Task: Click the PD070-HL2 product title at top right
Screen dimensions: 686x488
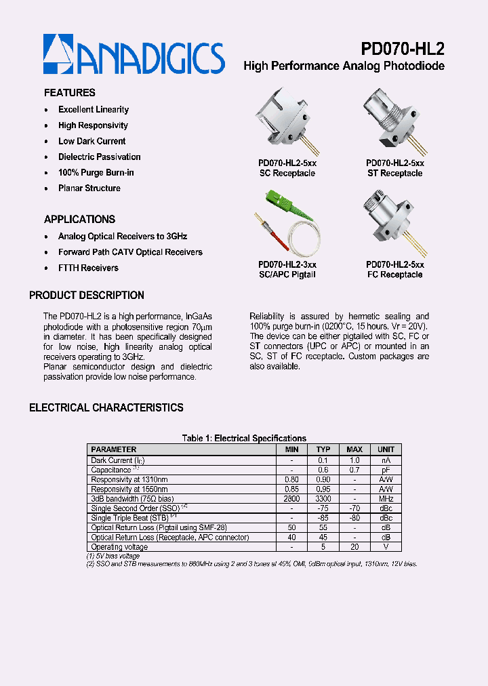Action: (402, 49)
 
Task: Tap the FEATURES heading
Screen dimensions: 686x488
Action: (70, 93)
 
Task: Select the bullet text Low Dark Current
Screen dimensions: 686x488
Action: (91, 141)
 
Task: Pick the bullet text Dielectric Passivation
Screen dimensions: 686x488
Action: (99, 157)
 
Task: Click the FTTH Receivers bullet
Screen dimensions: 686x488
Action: (88, 268)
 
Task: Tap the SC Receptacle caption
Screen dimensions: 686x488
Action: (287, 174)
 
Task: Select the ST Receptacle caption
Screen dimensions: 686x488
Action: (395, 174)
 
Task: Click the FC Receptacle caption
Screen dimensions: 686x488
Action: (395, 275)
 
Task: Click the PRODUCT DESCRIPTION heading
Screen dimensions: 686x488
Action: (87, 296)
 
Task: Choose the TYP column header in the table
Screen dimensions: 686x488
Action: (323, 449)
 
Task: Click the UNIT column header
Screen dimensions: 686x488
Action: (386, 449)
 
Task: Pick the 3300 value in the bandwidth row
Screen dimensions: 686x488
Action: (323, 498)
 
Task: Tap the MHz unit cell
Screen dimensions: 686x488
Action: (386, 498)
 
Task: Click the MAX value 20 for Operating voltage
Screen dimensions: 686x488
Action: (354, 546)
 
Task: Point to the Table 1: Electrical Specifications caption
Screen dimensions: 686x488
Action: (244, 438)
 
